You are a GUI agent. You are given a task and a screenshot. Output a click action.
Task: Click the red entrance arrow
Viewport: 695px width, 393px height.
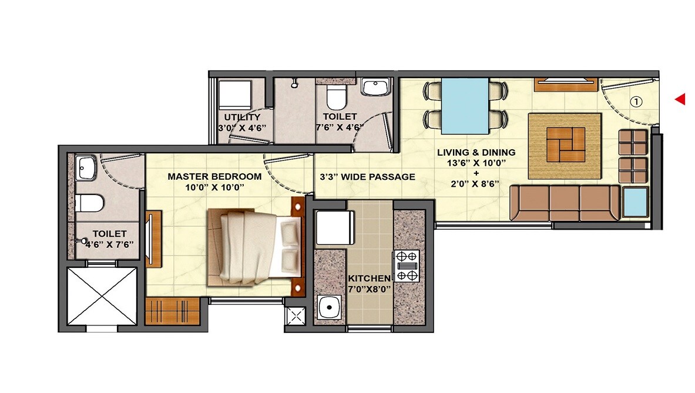click(x=680, y=100)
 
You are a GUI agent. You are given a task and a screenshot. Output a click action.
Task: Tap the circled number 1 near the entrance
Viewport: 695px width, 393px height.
click(x=637, y=102)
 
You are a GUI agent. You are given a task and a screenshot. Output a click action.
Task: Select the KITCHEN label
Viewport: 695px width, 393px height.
click(x=369, y=278)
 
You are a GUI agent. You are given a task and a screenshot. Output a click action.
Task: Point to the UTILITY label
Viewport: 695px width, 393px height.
click(x=241, y=117)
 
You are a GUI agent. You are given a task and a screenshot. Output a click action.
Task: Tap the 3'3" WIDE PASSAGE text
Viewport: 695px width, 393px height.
click(x=367, y=176)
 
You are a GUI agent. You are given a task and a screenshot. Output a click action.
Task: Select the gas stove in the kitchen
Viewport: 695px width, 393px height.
click(x=407, y=266)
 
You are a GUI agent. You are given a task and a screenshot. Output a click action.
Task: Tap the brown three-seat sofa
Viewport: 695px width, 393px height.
click(x=565, y=203)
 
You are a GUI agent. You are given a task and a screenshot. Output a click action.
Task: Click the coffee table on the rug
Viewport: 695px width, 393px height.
click(x=565, y=145)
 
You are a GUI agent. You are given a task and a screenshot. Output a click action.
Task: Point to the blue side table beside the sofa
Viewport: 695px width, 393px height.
click(x=635, y=203)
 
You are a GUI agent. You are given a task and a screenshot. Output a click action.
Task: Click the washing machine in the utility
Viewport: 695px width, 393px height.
click(x=233, y=93)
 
